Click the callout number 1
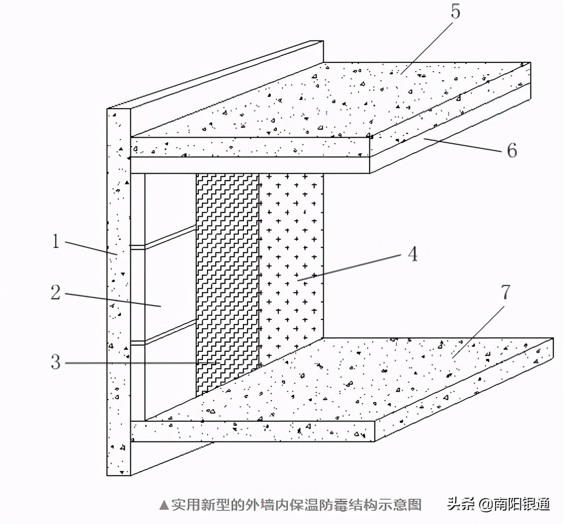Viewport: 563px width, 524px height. [56, 241]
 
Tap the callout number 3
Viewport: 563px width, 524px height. [56, 362]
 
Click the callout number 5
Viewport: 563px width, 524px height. [455, 12]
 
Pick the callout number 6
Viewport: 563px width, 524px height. [511, 150]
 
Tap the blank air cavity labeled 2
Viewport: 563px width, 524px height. [170, 284]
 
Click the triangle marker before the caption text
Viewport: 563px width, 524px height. [163, 505]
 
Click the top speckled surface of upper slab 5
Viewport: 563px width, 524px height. [330, 102]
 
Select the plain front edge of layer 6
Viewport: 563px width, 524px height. [249, 165]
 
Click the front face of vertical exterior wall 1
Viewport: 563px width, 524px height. [118, 305]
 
